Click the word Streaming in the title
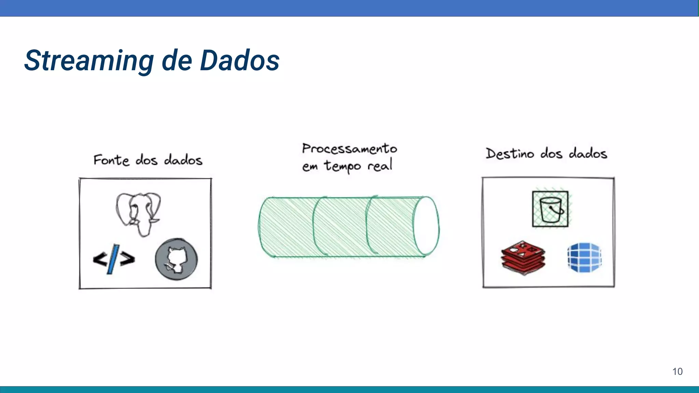click(x=89, y=61)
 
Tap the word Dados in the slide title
click(x=240, y=61)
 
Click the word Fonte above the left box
click(x=111, y=160)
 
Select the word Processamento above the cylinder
click(x=349, y=149)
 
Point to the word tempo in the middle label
click(x=342, y=166)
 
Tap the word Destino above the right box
click(x=510, y=154)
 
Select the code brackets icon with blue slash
click(x=114, y=259)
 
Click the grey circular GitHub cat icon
click(x=176, y=259)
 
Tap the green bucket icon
click(x=551, y=209)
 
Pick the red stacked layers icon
click(x=523, y=257)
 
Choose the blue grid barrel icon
click(x=584, y=257)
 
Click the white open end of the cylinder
click(x=427, y=226)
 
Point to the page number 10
click(x=677, y=372)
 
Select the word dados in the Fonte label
click(x=183, y=160)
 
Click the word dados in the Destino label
click(x=588, y=154)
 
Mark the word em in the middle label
click(x=310, y=167)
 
